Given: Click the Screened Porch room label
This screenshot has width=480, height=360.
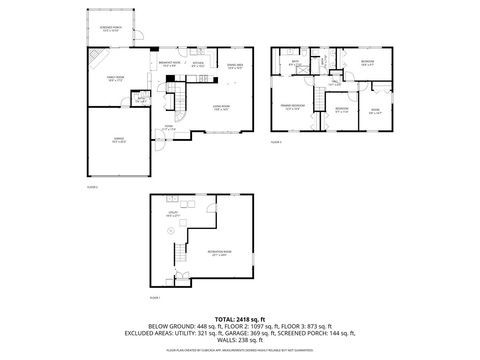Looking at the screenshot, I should point(110,30).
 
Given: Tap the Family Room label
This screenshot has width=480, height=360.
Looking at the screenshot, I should point(103,78).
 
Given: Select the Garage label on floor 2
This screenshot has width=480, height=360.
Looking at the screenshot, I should point(118,142).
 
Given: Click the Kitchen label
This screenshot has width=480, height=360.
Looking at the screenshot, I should point(198,65).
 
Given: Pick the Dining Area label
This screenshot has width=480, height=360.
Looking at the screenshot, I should point(235,67).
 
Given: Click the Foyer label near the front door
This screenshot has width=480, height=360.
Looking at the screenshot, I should point(169,127).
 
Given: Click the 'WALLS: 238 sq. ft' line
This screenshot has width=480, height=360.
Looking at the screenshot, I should point(239,340).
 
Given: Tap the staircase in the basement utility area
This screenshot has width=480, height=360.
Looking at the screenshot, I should point(180,272).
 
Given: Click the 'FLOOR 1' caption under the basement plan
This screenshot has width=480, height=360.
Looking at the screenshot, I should point(155,297).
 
